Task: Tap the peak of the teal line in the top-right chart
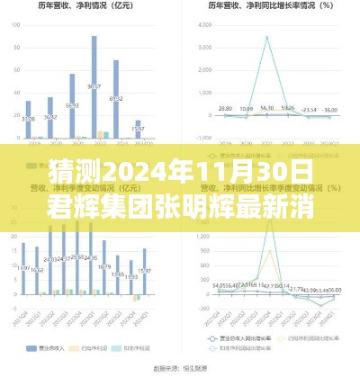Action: (267, 36)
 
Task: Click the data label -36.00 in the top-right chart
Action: (330, 111)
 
